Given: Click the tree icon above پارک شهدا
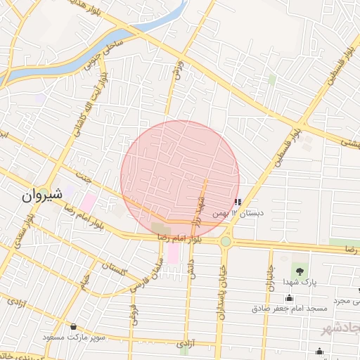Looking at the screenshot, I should coord(301,269).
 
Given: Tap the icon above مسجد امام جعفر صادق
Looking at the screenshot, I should coord(290,298).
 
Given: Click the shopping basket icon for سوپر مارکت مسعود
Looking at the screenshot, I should coord(74,326).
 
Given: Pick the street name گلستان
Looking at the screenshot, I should coord(112,267).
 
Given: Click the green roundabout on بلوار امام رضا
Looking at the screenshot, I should coord(226,242).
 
